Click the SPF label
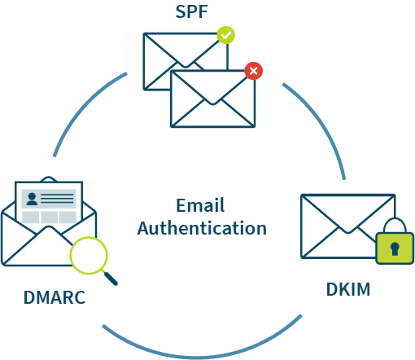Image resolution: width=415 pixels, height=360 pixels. pyautogui.click(x=191, y=11)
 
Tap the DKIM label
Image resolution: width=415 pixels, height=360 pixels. pyautogui.click(x=348, y=289)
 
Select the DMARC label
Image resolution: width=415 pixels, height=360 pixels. pyautogui.click(x=55, y=297)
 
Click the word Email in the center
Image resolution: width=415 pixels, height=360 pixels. pyautogui.click(x=200, y=205)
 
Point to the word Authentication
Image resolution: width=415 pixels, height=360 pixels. pyautogui.click(x=202, y=228)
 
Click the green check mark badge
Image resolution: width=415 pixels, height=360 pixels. pyautogui.click(x=225, y=35)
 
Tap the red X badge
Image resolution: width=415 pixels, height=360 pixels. pyautogui.click(x=254, y=71)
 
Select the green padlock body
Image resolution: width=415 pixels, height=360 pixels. pyautogui.click(x=395, y=248)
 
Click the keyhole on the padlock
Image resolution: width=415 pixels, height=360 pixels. pyautogui.click(x=395, y=248)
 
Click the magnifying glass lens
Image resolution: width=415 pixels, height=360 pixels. pyautogui.click(x=89, y=255)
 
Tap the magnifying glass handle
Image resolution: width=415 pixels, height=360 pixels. pyautogui.click(x=111, y=278)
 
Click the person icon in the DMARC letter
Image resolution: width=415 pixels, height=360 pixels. pyautogui.click(x=32, y=199)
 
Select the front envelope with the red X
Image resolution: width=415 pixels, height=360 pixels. pyautogui.click(x=213, y=99)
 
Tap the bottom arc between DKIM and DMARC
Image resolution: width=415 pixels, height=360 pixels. pyautogui.click(x=202, y=356)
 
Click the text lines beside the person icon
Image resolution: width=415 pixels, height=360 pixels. pyautogui.click(x=57, y=199)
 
